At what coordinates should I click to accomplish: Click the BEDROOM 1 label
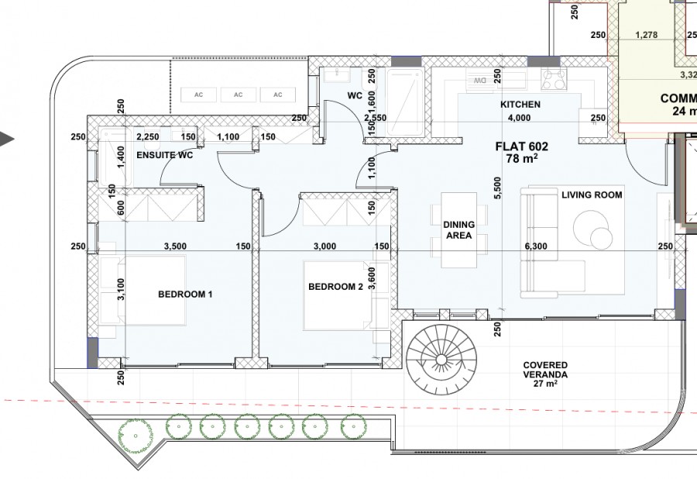[x=185, y=294]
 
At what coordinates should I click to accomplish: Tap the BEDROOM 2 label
[x=335, y=287]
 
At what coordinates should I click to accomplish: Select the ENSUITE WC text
[x=163, y=154]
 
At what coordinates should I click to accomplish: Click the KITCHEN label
[x=520, y=104]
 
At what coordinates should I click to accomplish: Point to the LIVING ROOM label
[x=592, y=195]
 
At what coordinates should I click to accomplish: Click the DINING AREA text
[x=458, y=230]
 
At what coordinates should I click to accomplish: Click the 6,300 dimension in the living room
[x=536, y=246]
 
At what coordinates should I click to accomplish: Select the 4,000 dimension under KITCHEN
[x=519, y=118]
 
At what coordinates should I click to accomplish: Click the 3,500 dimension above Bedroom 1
[x=176, y=246]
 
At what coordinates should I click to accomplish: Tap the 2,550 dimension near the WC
[x=375, y=118]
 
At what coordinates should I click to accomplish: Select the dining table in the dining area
[x=458, y=230]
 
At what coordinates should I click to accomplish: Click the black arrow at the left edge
[x=7, y=140]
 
